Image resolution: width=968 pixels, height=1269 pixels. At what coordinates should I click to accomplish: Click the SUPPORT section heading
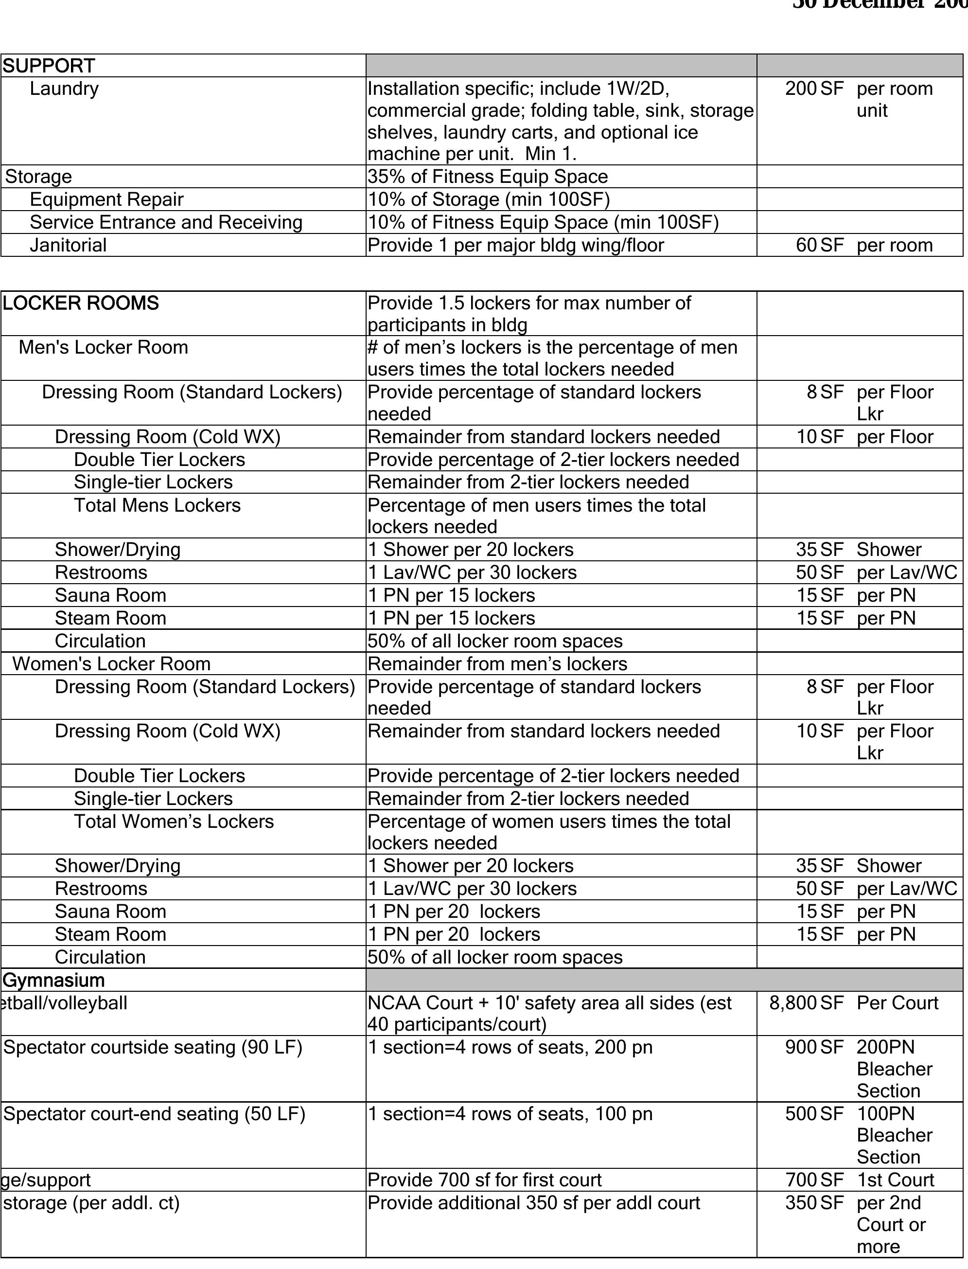pos(49,66)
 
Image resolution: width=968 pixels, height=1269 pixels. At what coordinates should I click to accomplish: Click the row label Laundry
pos(64,89)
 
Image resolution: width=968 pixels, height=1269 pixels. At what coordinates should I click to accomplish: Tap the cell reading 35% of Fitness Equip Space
pos(488,177)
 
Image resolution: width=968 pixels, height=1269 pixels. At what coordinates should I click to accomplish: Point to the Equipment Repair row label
pos(106,199)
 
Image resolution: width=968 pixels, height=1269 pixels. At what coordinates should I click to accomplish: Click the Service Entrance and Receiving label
pos(166,222)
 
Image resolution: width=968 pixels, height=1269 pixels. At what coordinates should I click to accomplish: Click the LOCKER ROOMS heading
pos(81,303)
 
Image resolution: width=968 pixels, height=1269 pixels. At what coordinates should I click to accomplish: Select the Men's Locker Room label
pos(103,347)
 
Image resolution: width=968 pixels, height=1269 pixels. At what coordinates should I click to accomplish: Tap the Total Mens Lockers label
pos(158,505)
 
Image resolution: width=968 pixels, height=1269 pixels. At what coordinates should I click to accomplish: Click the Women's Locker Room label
pos(112,664)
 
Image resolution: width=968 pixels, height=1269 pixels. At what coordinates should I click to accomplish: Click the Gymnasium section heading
pos(54,980)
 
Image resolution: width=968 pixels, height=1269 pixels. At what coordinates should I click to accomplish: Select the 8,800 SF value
pos(806,1003)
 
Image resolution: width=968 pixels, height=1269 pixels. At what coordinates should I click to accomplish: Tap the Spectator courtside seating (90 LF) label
pos(153,1047)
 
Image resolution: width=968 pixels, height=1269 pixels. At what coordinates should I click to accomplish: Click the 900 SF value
pos(813,1047)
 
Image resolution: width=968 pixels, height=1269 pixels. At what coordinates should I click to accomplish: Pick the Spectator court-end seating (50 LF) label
pos(154,1114)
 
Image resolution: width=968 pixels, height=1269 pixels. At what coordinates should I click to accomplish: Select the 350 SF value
pos(813,1203)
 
